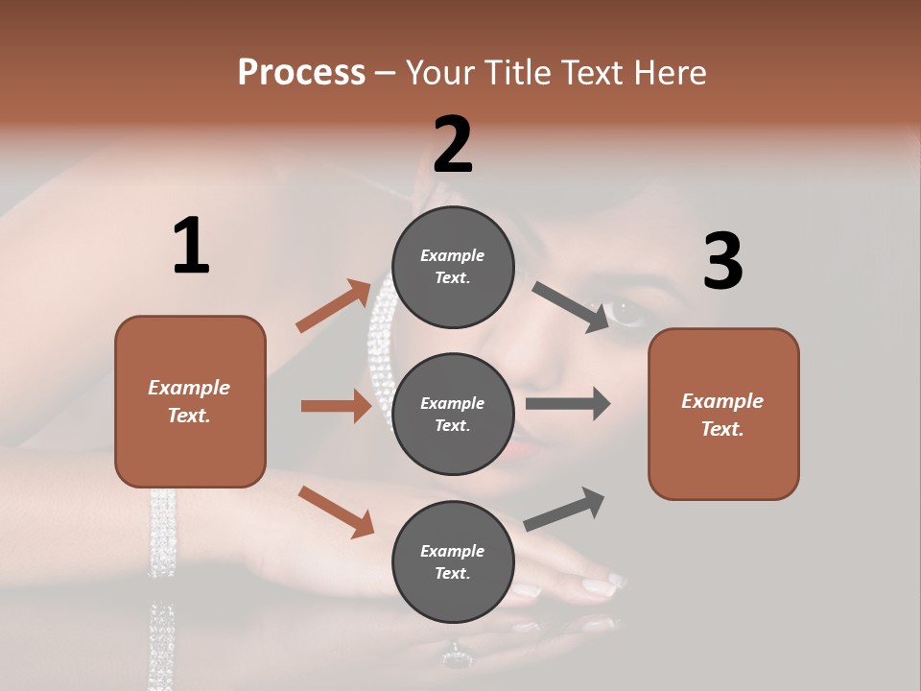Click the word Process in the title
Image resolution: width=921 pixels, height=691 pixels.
click(x=301, y=73)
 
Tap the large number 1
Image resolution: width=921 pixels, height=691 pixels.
click(x=191, y=247)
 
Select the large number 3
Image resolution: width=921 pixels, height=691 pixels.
click(x=722, y=261)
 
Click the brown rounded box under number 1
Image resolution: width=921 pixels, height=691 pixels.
click(x=190, y=401)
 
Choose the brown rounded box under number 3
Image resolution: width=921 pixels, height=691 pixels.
click(x=723, y=414)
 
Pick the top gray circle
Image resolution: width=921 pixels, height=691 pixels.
click(x=453, y=267)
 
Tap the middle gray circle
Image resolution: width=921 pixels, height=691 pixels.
click(x=453, y=414)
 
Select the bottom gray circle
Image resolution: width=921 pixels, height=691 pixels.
click(x=453, y=561)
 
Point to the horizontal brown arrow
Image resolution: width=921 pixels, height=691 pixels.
click(x=336, y=406)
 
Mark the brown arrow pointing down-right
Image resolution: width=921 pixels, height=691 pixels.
click(x=336, y=511)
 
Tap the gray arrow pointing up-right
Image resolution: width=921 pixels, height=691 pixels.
click(x=564, y=510)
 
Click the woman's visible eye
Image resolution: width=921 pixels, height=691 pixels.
click(x=628, y=312)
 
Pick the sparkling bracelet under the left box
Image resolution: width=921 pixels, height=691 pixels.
click(x=162, y=533)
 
